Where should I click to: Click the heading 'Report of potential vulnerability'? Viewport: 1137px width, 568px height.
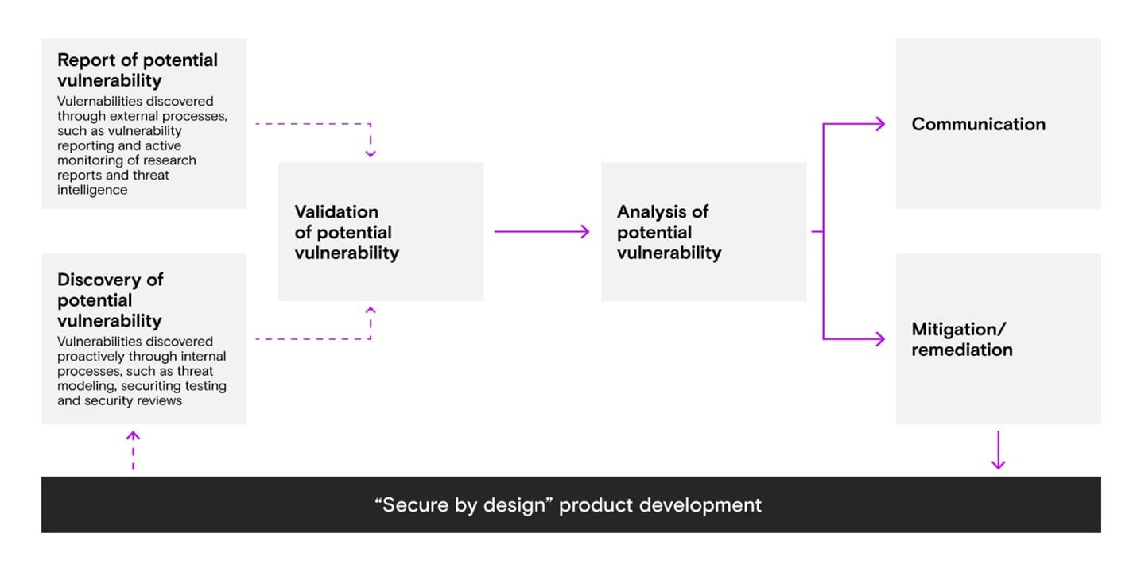[x=138, y=70]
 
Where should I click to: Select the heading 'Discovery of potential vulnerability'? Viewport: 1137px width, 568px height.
[x=110, y=300]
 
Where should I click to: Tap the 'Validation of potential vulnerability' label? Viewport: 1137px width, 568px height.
[x=347, y=232]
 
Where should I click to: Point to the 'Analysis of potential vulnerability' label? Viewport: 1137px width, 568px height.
[x=669, y=232]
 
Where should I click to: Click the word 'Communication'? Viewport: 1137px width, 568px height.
[x=978, y=124]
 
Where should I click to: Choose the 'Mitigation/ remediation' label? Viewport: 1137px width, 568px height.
[x=962, y=339]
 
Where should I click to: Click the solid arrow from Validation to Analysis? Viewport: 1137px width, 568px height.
[x=541, y=231]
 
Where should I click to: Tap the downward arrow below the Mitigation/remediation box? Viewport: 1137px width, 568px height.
[x=999, y=450]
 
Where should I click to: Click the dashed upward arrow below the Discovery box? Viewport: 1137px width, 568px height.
[x=133, y=450]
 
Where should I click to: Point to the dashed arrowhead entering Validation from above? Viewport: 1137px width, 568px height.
[x=371, y=153]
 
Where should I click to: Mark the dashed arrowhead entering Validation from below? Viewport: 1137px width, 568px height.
[x=371, y=311]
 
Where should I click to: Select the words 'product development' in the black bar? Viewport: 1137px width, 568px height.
[x=660, y=505]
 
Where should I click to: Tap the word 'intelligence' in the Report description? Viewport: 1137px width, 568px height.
[x=92, y=191]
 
